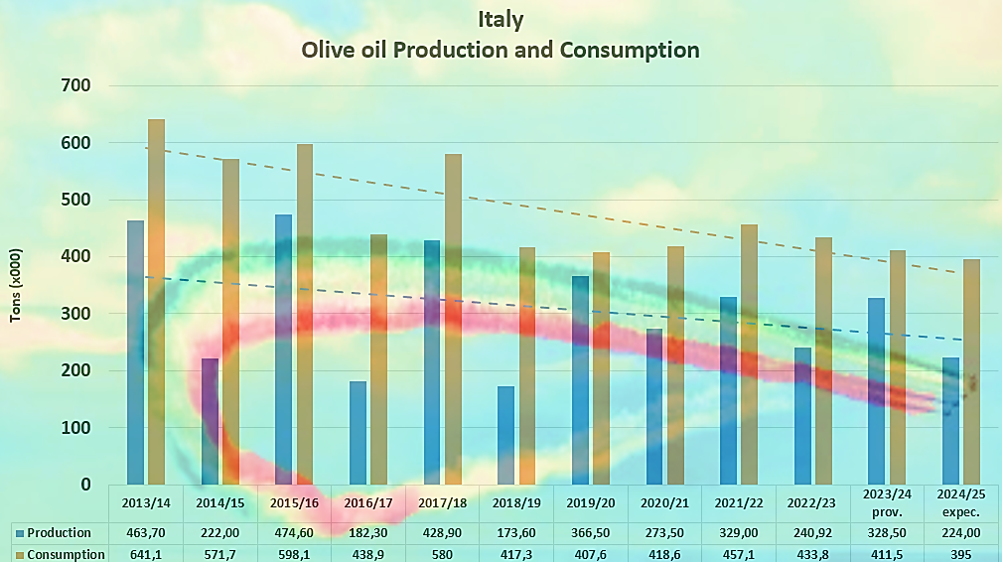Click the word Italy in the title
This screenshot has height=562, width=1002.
(501, 19)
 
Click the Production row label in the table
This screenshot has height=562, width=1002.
(60, 533)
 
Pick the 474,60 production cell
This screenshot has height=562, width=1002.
(294, 533)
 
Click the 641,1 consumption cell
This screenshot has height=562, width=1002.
(146, 554)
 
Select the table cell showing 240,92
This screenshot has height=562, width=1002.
(812, 533)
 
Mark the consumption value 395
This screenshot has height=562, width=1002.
(960, 554)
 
